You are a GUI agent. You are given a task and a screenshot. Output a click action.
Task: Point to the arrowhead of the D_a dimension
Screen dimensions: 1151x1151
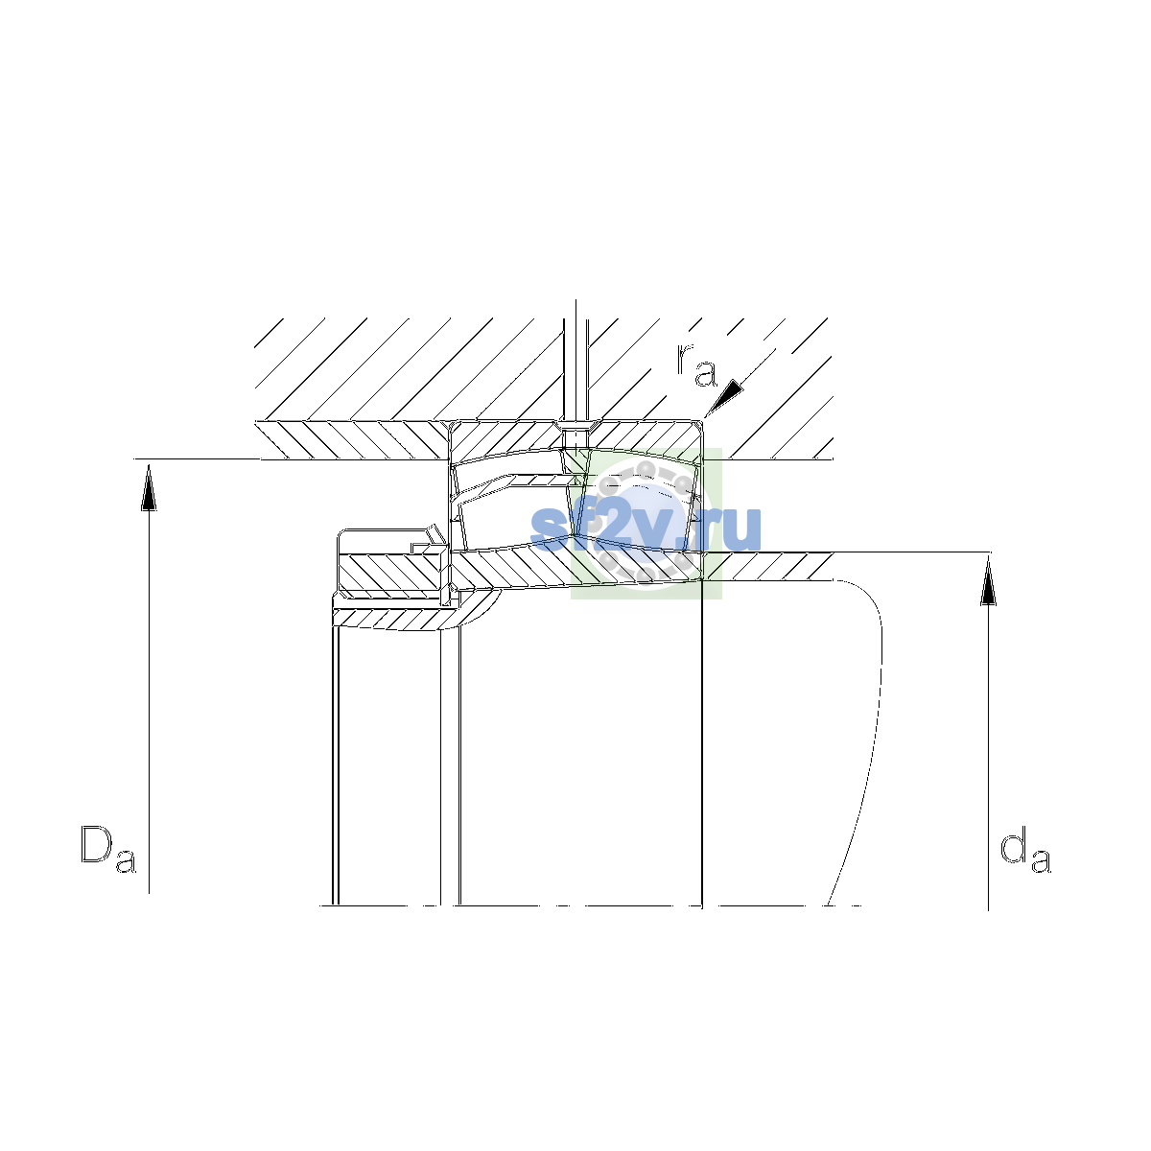149,488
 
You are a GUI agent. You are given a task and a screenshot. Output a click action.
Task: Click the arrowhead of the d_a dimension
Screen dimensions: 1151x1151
989,580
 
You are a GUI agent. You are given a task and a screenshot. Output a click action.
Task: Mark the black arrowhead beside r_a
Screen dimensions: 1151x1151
725,397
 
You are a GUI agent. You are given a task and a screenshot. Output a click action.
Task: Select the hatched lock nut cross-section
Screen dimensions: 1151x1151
392,572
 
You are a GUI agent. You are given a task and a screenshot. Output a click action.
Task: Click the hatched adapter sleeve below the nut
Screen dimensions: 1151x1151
406,619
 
